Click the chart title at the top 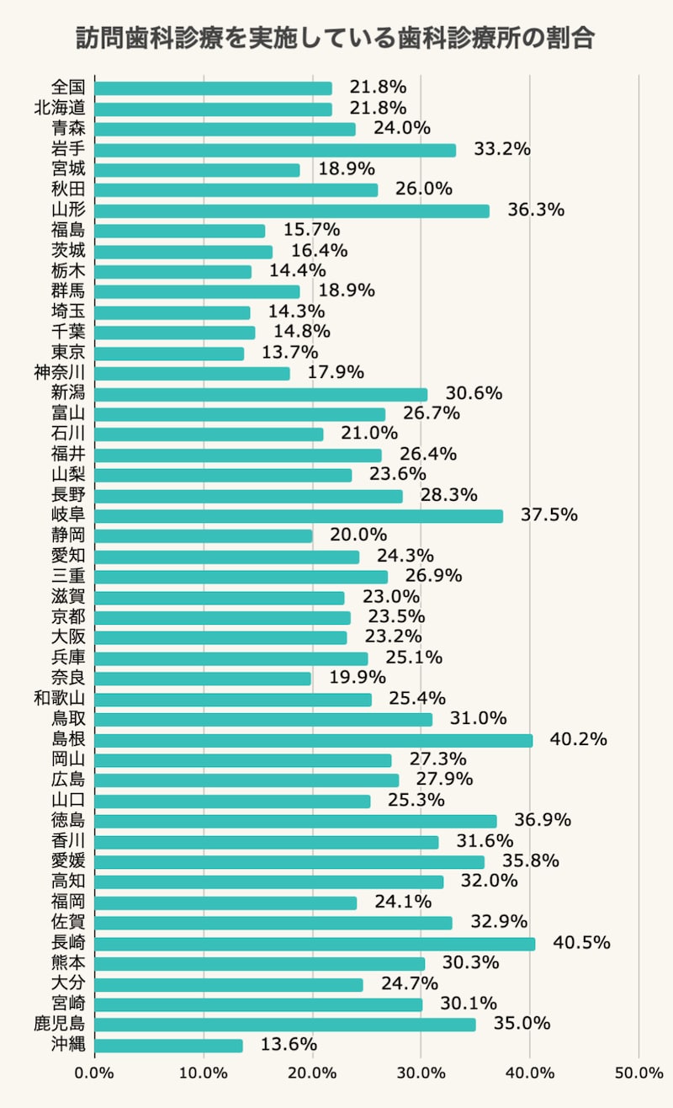336,39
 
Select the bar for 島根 313,740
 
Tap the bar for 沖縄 168,1045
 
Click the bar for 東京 169,353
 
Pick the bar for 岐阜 299,516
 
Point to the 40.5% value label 581,943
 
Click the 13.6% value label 289,1045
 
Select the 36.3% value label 536,210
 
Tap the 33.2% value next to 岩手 502,150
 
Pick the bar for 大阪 220,637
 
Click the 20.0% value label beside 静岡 358,535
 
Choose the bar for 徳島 295,821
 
